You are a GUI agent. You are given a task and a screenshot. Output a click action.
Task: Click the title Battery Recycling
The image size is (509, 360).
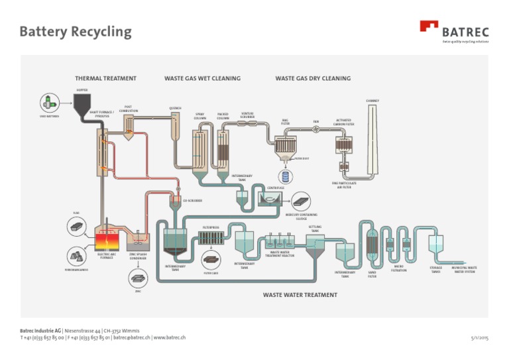[x=76, y=32]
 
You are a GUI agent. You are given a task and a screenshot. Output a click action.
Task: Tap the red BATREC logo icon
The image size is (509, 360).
[x=429, y=27]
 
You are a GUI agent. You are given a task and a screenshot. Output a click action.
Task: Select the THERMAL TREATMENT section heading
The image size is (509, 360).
[x=105, y=78]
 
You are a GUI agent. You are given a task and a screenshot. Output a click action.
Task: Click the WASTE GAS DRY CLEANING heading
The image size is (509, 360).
[x=313, y=78]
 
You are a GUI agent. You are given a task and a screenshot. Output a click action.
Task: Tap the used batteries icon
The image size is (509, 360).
[x=48, y=102]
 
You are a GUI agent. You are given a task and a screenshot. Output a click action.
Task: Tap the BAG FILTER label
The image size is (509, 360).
[x=285, y=122]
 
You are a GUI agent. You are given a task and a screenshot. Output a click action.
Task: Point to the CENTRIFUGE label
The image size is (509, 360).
[x=275, y=188]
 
